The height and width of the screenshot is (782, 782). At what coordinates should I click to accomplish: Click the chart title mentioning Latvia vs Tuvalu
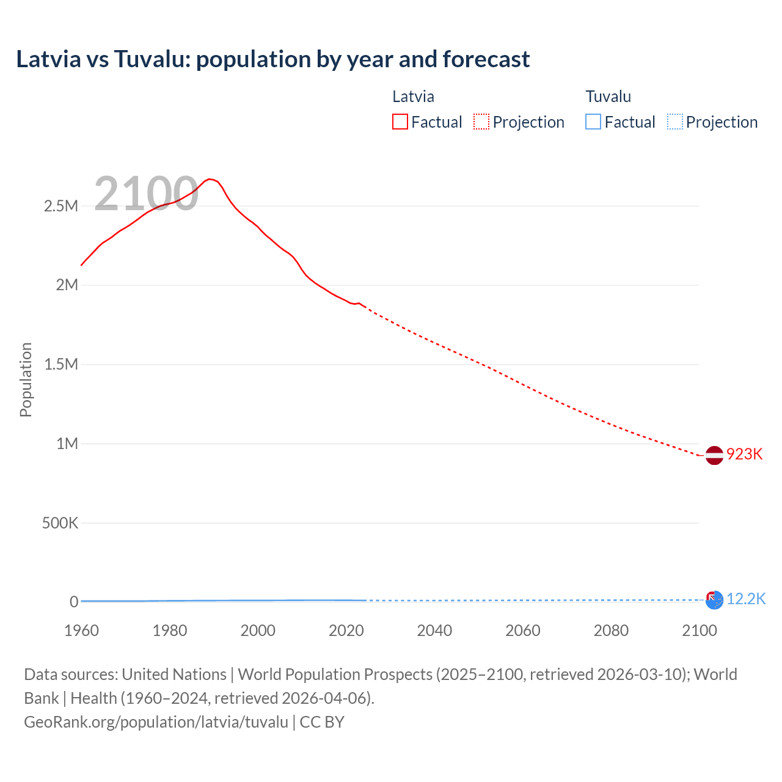272,59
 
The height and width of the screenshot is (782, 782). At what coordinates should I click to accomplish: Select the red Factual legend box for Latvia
400,122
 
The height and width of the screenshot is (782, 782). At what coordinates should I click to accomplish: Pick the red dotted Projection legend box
481,122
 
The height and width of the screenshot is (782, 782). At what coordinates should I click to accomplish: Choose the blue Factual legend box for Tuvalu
593,122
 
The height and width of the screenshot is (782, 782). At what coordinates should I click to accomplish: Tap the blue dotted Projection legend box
674,122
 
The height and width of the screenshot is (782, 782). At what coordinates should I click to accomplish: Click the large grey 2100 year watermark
146,194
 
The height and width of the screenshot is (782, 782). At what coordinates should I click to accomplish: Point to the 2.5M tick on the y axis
61,206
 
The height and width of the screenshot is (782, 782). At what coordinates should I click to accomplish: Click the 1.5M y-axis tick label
61,364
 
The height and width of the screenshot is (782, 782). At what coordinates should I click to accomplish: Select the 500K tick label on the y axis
60,523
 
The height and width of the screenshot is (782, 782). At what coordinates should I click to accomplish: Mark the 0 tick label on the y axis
73,602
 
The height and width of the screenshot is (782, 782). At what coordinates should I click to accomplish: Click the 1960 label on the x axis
81,630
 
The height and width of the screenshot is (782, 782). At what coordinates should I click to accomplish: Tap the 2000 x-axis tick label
258,630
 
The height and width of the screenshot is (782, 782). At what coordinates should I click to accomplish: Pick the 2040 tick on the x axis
434,630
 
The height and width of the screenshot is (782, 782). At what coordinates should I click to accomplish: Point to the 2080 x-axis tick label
611,630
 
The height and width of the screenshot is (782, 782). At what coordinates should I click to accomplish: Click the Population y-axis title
26,379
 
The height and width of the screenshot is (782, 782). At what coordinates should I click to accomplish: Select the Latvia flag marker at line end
714,455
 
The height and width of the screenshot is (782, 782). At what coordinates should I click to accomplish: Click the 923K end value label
744,454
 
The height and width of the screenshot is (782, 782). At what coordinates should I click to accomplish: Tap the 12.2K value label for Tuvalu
746,599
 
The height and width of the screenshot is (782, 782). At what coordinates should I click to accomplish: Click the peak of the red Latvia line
210,179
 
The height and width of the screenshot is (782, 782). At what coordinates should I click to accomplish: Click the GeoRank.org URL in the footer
156,722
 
